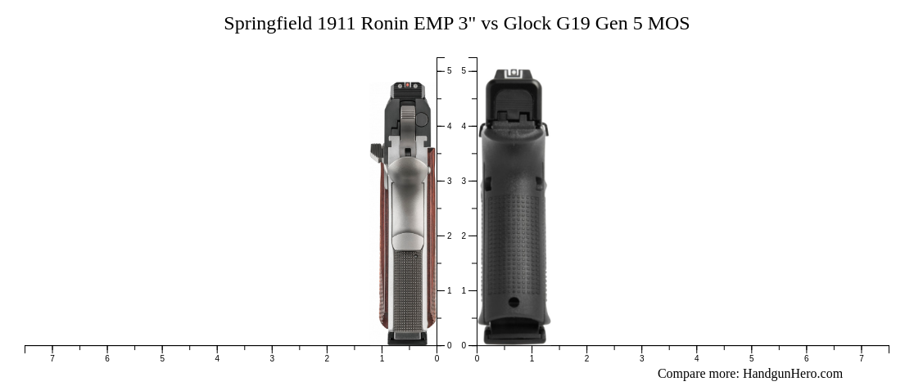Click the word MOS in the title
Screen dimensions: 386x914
pyautogui.click(x=668, y=24)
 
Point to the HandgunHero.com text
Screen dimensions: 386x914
pyautogui.click(x=792, y=374)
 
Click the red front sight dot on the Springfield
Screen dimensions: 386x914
pyautogui.click(x=408, y=85)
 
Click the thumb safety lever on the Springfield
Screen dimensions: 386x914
pyautogui.click(x=378, y=152)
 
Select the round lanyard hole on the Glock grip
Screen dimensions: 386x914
pyautogui.click(x=514, y=303)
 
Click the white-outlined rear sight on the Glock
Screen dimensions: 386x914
pyautogui.click(x=514, y=74)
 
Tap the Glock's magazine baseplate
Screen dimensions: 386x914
pyautogui.click(x=514, y=335)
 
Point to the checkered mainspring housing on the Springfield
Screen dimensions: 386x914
pyautogui.click(x=408, y=290)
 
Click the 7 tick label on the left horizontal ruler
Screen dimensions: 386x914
pyautogui.click(x=52, y=358)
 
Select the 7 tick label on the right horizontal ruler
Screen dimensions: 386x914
pyautogui.click(x=861, y=358)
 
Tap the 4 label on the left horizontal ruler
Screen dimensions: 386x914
pyautogui.click(x=217, y=358)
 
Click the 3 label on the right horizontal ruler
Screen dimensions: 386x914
pyautogui.click(x=641, y=358)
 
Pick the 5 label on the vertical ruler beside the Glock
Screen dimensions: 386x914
pyautogui.click(x=464, y=71)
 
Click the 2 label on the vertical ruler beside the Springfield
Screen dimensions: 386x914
pyautogui.click(x=449, y=236)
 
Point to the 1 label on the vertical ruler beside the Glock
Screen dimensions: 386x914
pyautogui.click(x=464, y=290)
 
